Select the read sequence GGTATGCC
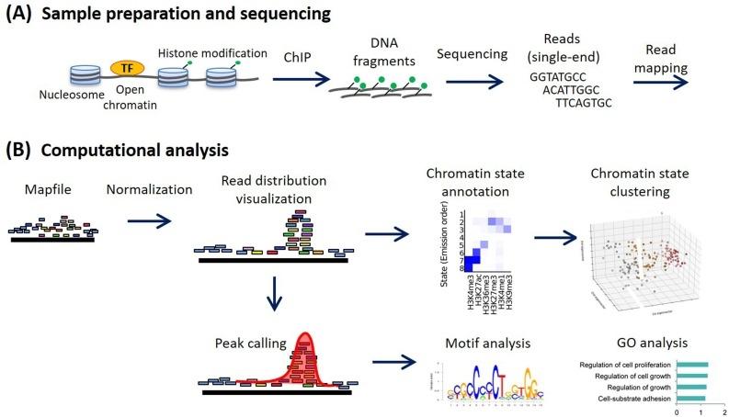(x=561, y=78)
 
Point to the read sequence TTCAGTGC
(x=589, y=104)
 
